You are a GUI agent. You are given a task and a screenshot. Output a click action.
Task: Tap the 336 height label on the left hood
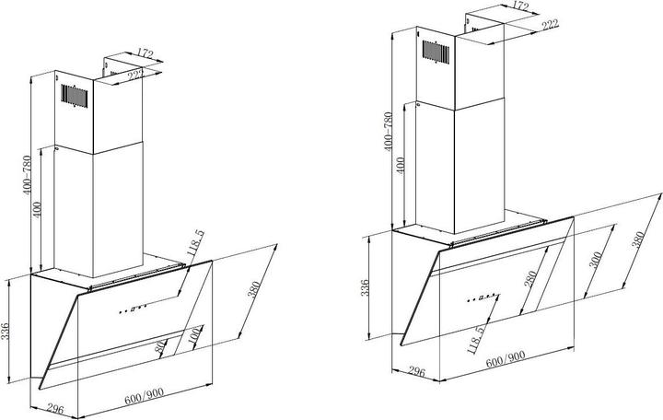pyautogui.click(x=7, y=331)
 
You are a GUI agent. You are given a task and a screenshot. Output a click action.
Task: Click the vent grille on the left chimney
pyautogui.click(x=74, y=93)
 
